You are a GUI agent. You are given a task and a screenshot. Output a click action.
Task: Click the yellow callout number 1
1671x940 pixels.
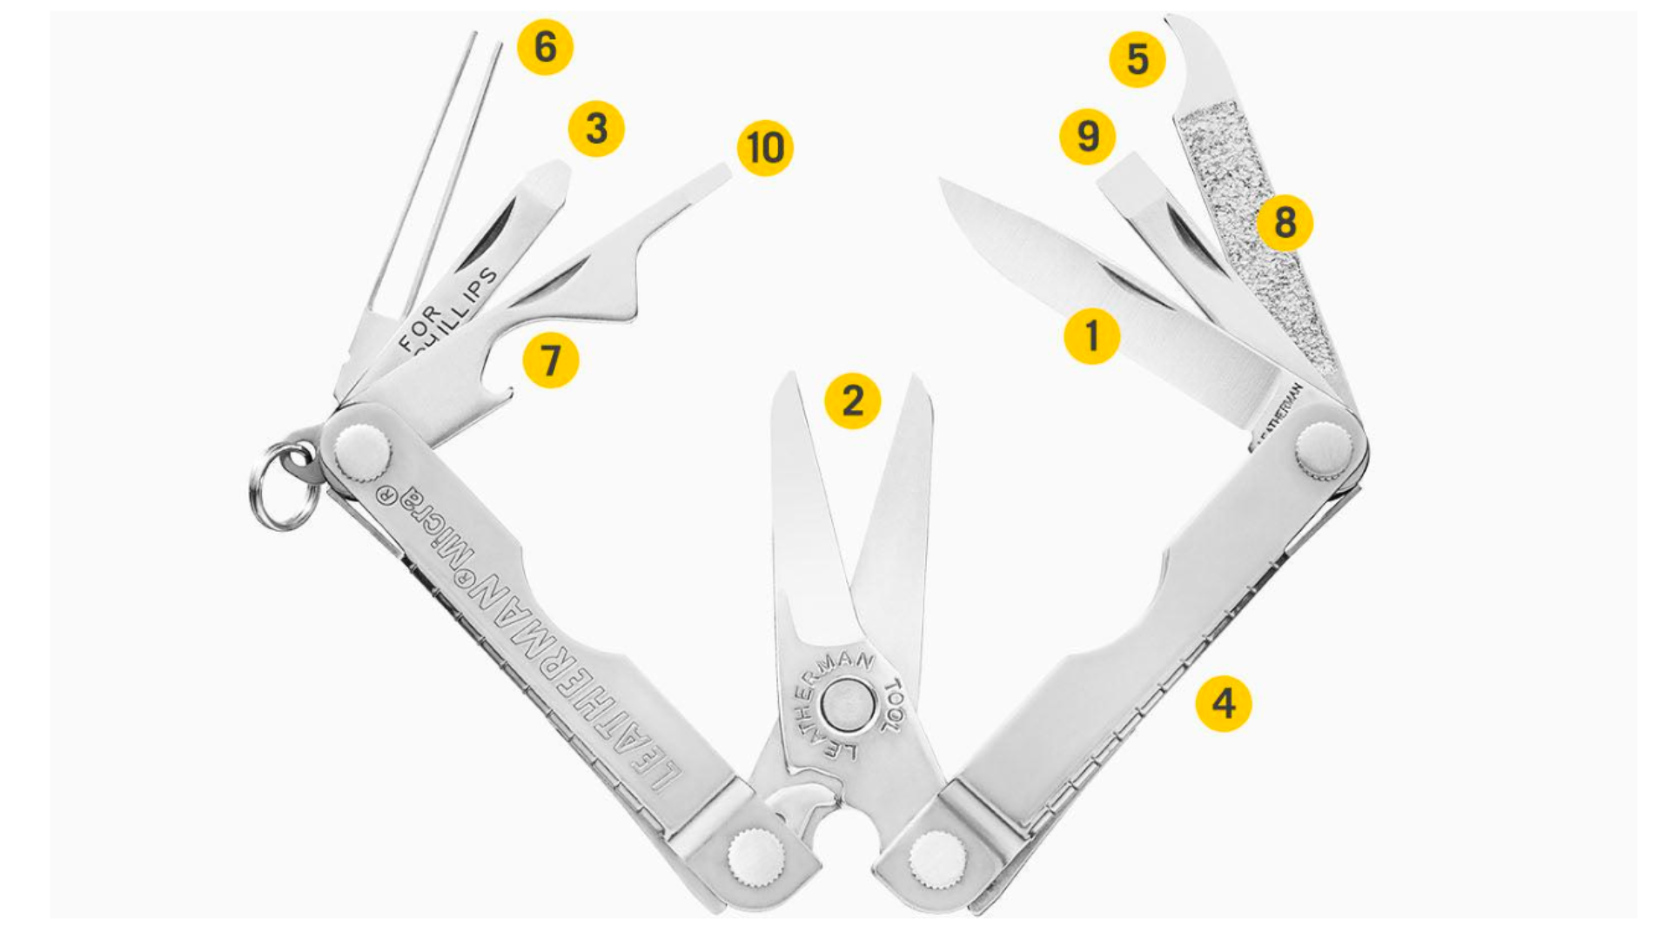click(x=1092, y=335)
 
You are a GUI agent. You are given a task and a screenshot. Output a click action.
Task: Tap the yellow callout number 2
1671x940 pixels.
click(x=852, y=401)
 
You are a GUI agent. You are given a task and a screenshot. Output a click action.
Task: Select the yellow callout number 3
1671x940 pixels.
click(x=596, y=129)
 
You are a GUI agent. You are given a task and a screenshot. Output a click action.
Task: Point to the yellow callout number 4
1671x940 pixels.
click(x=1224, y=703)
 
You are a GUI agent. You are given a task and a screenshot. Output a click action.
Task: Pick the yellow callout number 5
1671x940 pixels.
click(x=1137, y=59)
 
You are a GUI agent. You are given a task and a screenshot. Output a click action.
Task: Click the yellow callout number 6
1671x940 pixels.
click(x=545, y=46)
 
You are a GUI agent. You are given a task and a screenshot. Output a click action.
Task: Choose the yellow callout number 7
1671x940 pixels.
click(x=550, y=360)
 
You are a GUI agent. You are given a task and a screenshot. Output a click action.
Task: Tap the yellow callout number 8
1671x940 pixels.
click(x=1285, y=223)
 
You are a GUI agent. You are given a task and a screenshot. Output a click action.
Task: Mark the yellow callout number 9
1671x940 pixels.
click(x=1088, y=137)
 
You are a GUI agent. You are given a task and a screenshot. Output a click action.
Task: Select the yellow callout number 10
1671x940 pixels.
click(x=765, y=148)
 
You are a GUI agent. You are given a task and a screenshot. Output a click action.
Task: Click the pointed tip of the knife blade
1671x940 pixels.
click(x=942, y=180)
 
